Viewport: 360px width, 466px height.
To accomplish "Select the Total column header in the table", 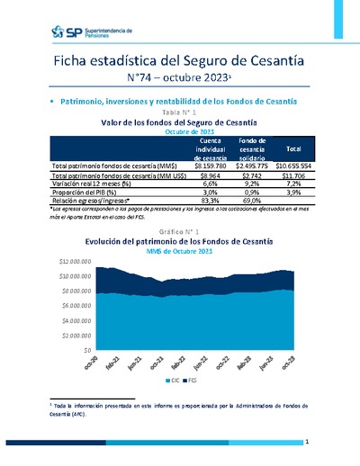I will (x=292, y=148).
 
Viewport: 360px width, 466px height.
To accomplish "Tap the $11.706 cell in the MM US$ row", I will (x=293, y=175).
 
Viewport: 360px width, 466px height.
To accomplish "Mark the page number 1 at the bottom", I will (x=307, y=443).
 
